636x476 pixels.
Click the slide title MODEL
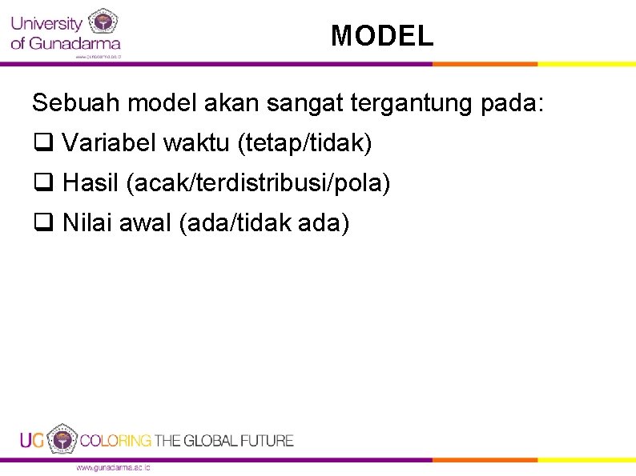tap(382, 36)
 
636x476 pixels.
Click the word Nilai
tap(87, 223)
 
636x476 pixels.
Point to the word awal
tap(145, 223)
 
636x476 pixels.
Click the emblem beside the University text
tap(103, 22)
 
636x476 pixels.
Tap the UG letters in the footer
tap(32, 440)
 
